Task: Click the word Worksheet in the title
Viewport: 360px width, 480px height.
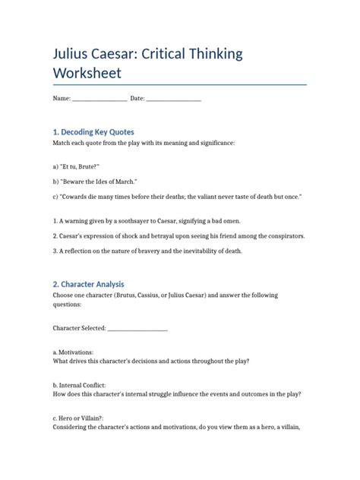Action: point(87,74)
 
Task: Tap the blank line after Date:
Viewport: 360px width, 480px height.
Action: point(173,99)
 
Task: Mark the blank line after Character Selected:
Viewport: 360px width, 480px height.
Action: point(137,329)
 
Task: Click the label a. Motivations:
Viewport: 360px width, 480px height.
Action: point(73,352)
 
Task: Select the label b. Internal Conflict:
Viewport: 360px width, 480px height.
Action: point(80,385)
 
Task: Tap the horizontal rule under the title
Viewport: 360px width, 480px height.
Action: point(179,85)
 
